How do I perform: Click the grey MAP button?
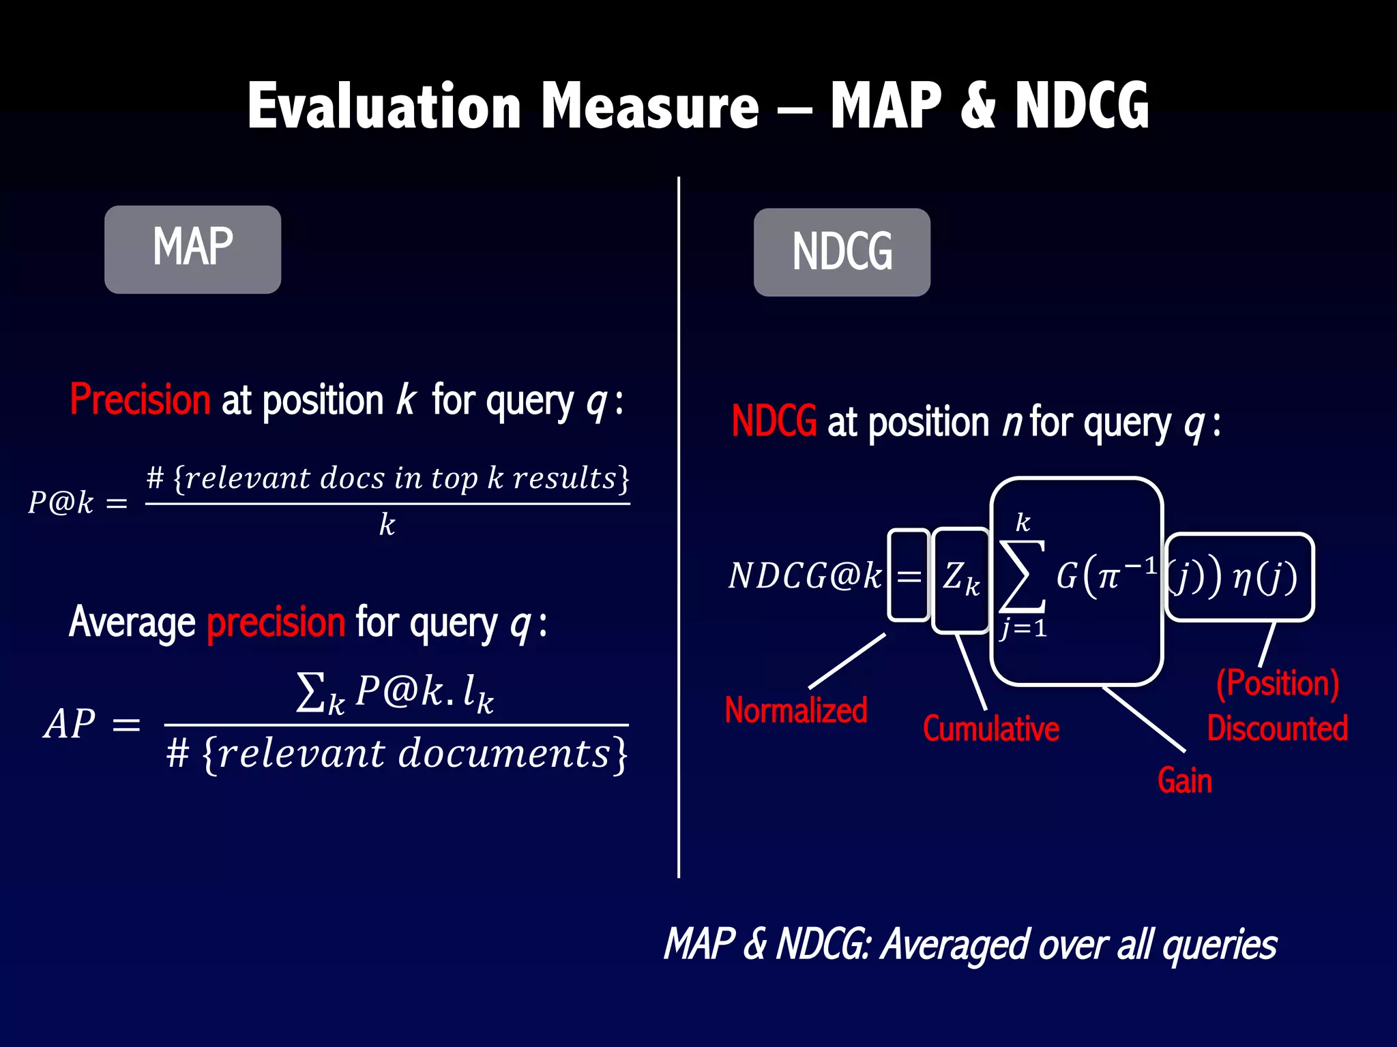pos(192,249)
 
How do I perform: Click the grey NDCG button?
pos(842,252)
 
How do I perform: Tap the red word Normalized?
pos(795,710)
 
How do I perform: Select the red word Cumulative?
pos(990,729)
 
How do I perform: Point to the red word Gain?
pos(1184,780)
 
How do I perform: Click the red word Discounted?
pos(1277,728)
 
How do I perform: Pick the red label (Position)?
pos(1277,683)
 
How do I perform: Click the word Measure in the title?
pos(649,106)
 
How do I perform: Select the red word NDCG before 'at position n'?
pos(774,421)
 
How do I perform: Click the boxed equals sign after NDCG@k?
pos(909,577)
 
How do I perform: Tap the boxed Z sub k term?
pos(960,578)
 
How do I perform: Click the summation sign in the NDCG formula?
pos(1022,577)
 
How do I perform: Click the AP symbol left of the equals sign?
pos(70,724)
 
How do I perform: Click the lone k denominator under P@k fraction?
pos(387,525)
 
